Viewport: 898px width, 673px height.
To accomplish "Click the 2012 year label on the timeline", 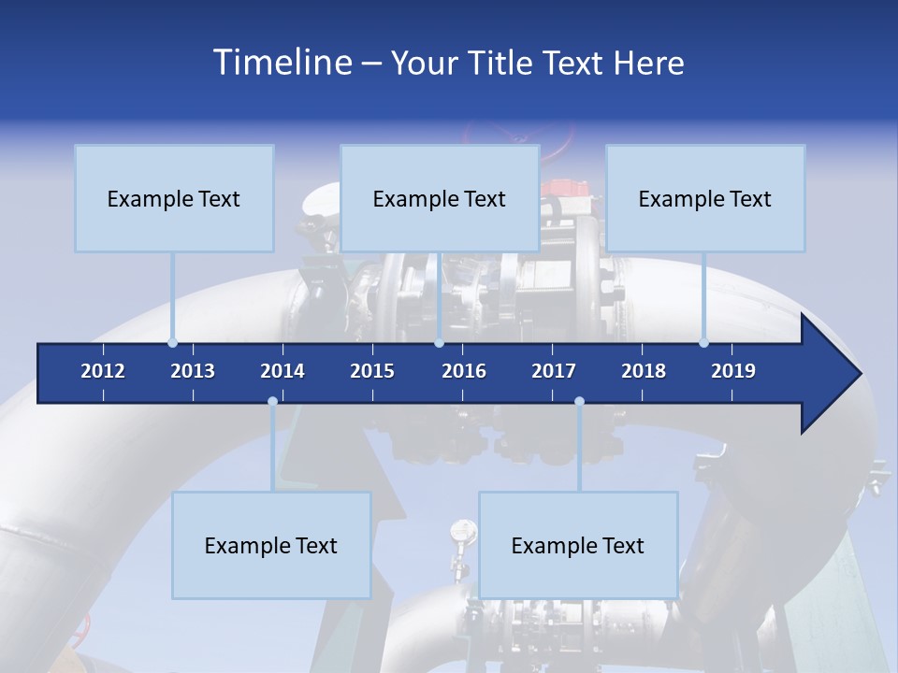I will (x=103, y=371).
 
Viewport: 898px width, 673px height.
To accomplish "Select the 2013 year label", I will (x=193, y=371).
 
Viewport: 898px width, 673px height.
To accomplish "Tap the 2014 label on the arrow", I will (x=282, y=371).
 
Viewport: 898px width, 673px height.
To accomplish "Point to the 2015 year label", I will (x=372, y=371).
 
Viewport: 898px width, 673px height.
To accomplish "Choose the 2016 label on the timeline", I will (x=464, y=371).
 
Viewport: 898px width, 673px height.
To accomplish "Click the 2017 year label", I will (x=554, y=371).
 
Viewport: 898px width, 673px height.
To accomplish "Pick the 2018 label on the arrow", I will (x=644, y=371).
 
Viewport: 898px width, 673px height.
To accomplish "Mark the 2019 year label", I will (x=733, y=371).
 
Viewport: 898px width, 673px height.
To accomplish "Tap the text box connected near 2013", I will (x=174, y=198).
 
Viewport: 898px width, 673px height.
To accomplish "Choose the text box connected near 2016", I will (x=440, y=198).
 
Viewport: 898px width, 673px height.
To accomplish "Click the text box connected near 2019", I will (x=705, y=198).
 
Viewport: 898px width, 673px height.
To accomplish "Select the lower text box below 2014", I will (x=271, y=545).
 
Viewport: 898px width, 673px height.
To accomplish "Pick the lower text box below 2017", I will (x=578, y=545).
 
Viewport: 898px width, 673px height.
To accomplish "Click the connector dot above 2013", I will (x=173, y=343).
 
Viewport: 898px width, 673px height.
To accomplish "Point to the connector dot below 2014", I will (x=272, y=402).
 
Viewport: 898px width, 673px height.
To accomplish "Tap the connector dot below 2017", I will (x=579, y=402).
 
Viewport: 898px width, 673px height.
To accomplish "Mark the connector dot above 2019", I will (x=704, y=343).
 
